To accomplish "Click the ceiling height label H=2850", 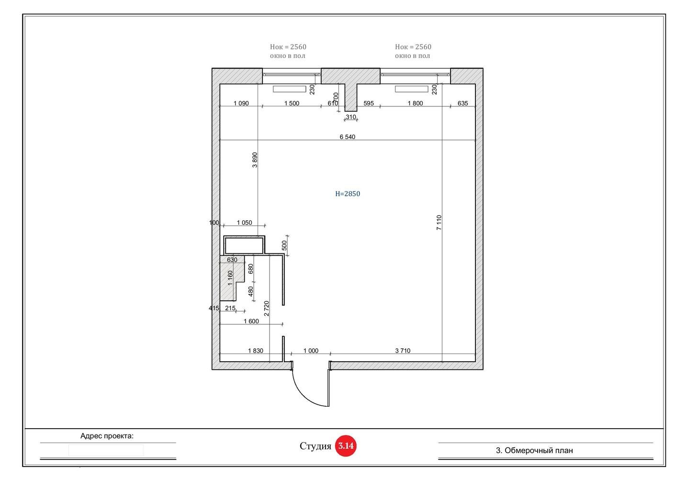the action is (x=348, y=194).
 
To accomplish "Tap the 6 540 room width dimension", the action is (x=347, y=137).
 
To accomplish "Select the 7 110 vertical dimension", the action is (x=439, y=223).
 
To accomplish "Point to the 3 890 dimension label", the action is (x=255, y=160).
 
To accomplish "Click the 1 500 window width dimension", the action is (x=292, y=103).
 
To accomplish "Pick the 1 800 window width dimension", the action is (x=415, y=103).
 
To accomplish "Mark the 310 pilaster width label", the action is (x=351, y=117).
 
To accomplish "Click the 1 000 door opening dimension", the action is (x=311, y=351).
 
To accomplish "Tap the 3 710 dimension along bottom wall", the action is (x=403, y=351).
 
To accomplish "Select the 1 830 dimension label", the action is (x=255, y=351).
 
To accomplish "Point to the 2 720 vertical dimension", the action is (x=266, y=308).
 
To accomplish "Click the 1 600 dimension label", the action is (x=251, y=321).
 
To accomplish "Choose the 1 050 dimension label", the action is (x=244, y=223).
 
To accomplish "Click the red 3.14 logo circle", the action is (x=346, y=446).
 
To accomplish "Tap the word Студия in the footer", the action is (x=316, y=446).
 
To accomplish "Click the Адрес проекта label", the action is (x=107, y=436).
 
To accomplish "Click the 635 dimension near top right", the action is (x=463, y=103).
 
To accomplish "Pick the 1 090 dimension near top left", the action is (x=241, y=103).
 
